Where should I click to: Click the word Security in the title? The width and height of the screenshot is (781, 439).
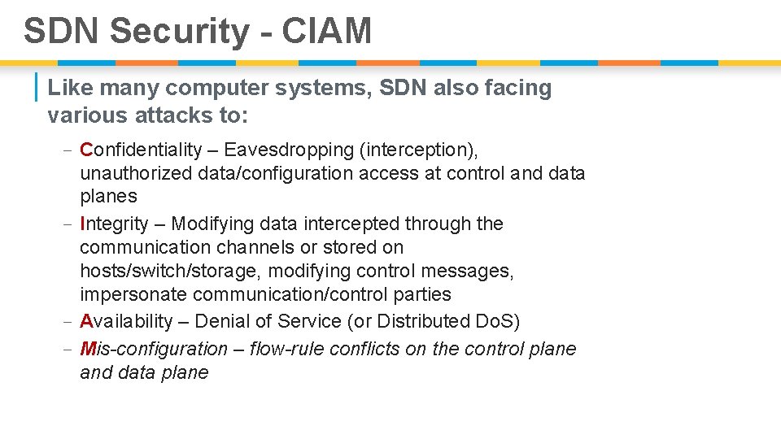point(179,32)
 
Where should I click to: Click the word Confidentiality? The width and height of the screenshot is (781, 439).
point(141,150)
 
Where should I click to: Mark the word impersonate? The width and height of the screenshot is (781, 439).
point(127,294)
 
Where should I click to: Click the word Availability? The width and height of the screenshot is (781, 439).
point(126,322)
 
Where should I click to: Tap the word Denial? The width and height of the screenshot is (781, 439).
point(220,322)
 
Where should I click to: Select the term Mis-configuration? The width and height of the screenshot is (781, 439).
point(154,350)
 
